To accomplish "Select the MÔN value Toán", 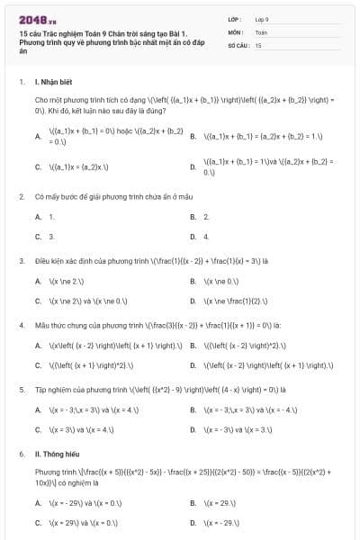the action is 261,31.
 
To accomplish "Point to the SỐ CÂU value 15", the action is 258,44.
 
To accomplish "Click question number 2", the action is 22,195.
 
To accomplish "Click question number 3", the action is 22,260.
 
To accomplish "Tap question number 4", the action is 22,325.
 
